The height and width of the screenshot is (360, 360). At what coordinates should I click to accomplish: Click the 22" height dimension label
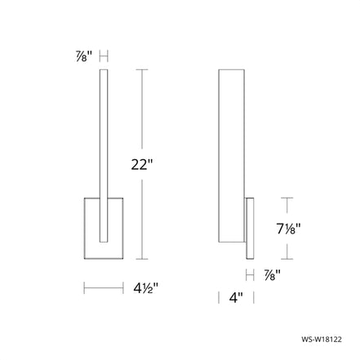tap(142, 164)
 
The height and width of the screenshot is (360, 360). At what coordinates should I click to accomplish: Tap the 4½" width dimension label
tap(145, 288)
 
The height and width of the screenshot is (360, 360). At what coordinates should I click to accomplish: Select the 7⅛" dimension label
tap(288, 229)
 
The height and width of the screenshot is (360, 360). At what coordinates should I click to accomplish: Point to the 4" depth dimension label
tap(236, 297)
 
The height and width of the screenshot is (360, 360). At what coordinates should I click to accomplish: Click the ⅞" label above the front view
tap(84, 56)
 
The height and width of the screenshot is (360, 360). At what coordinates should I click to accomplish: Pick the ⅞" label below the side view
tap(272, 275)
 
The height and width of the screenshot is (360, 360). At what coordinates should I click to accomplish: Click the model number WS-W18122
tap(322, 340)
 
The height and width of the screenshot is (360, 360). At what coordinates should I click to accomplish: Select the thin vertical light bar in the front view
tap(104, 156)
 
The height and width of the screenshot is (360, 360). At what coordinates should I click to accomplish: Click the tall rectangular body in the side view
tap(232, 156)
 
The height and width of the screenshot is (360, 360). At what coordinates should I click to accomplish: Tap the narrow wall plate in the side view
tap(250, 229)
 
